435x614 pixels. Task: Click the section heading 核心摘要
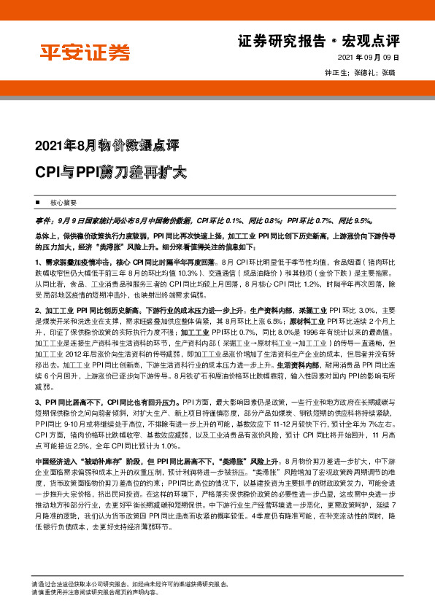[63, 202]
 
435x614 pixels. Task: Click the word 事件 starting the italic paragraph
[43, 219]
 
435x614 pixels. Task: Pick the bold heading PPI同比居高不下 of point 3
[74, 402]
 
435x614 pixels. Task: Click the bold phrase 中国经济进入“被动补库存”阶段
[93, 462]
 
